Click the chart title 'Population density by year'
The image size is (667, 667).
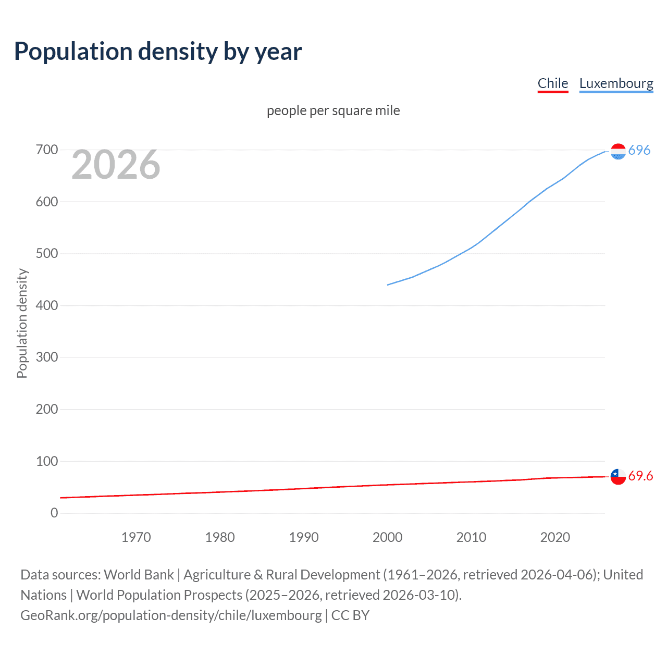click(158, 52)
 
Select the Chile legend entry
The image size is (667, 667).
click(552, 83)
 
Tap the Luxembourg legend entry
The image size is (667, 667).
click(616, 83)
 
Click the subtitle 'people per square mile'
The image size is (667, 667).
click(333, 110)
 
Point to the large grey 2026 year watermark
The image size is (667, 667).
click(116, 165)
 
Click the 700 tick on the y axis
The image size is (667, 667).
click(47, 150)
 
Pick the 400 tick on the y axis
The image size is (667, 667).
click(47, 305)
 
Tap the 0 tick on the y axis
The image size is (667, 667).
click(54, 513)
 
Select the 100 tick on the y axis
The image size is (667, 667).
click(47, 461)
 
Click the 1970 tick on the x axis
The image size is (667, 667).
click(136, 537)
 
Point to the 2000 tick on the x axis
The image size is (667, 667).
click(387, 537)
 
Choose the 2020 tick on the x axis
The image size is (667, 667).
click(555, 537)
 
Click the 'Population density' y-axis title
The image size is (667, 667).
click(22, 323)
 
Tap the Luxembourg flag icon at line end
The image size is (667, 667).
click(618, 152)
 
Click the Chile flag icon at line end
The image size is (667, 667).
click(618, 476)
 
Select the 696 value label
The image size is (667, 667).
click(639, 150)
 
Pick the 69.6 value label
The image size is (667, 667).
click(640, 476)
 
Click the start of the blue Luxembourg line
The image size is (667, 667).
click(388, 285)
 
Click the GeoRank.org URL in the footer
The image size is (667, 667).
click(171, 615)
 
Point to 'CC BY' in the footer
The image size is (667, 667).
click(350, 615)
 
